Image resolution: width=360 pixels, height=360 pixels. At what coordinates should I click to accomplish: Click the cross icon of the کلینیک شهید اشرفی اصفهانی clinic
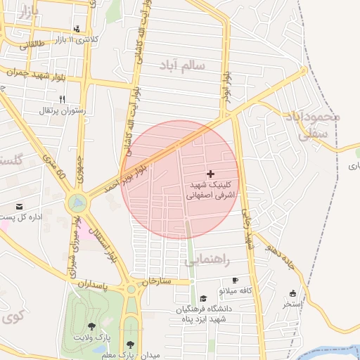(210, 173)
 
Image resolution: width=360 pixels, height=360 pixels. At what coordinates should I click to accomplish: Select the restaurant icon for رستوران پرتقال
(62, 99)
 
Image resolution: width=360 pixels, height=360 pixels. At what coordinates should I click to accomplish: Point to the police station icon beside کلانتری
(76, 30)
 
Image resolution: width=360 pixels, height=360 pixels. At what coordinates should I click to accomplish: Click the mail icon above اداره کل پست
(18, 206)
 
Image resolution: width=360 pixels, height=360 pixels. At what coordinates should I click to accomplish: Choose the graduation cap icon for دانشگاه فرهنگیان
(203, 297)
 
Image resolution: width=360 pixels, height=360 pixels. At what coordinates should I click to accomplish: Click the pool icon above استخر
(292, 294)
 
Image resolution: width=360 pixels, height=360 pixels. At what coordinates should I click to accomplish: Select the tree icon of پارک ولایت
(91, 326)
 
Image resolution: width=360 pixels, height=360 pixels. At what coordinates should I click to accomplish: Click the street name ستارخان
(156, 281)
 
